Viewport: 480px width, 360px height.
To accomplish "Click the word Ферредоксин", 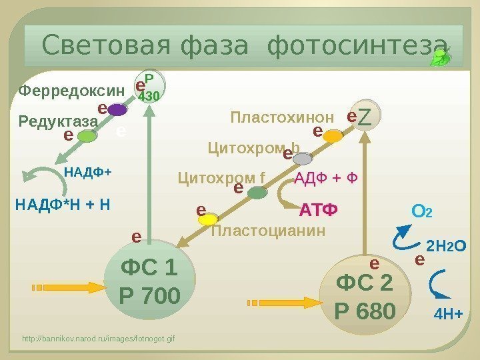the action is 71,90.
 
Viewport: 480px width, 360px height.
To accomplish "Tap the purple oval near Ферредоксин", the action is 117,109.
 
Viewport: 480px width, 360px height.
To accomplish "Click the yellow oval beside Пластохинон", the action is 333,137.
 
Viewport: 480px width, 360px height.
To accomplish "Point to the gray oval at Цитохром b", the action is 303,159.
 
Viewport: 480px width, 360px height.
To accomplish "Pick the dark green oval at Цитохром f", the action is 257,193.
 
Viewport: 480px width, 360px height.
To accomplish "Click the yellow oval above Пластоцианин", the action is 209,219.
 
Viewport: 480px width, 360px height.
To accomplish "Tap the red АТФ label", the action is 319,211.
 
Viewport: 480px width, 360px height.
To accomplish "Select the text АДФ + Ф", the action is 327,178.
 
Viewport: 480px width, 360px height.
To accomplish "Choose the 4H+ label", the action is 448,313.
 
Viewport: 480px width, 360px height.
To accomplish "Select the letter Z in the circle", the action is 365,118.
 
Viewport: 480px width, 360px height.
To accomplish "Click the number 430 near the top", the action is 149,97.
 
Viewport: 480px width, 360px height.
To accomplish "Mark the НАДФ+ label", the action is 88,172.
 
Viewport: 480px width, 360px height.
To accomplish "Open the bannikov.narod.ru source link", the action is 98,339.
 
